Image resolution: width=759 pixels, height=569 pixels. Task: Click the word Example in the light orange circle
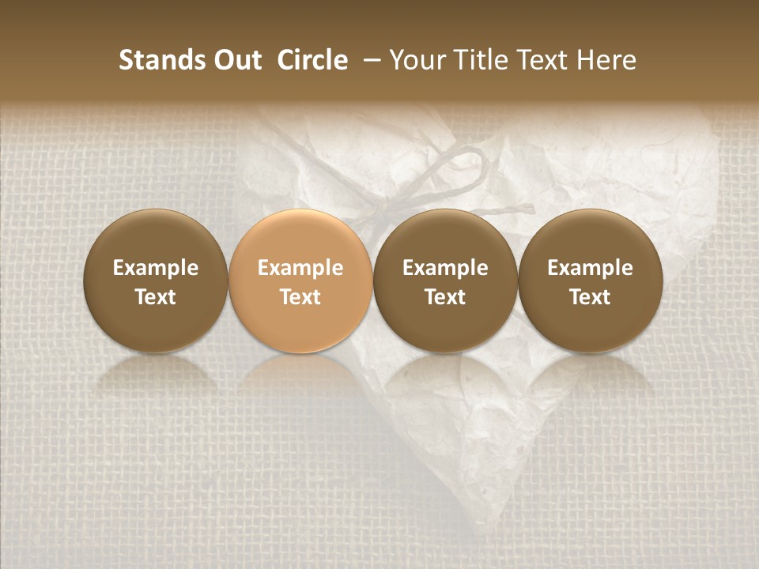point(300,268)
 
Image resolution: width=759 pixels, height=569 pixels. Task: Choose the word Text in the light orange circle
point(300,297)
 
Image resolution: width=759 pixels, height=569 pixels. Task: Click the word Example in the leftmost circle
point(156,268)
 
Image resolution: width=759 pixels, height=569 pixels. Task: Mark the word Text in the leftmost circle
point(156,297)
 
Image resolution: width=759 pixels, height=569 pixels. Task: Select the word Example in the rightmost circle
point(590,268)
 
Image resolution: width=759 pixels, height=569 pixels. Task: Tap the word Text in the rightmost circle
point(590,297)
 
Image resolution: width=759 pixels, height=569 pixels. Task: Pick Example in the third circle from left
point(445,268)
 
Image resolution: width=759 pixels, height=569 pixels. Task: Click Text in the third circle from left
point(445,297)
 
